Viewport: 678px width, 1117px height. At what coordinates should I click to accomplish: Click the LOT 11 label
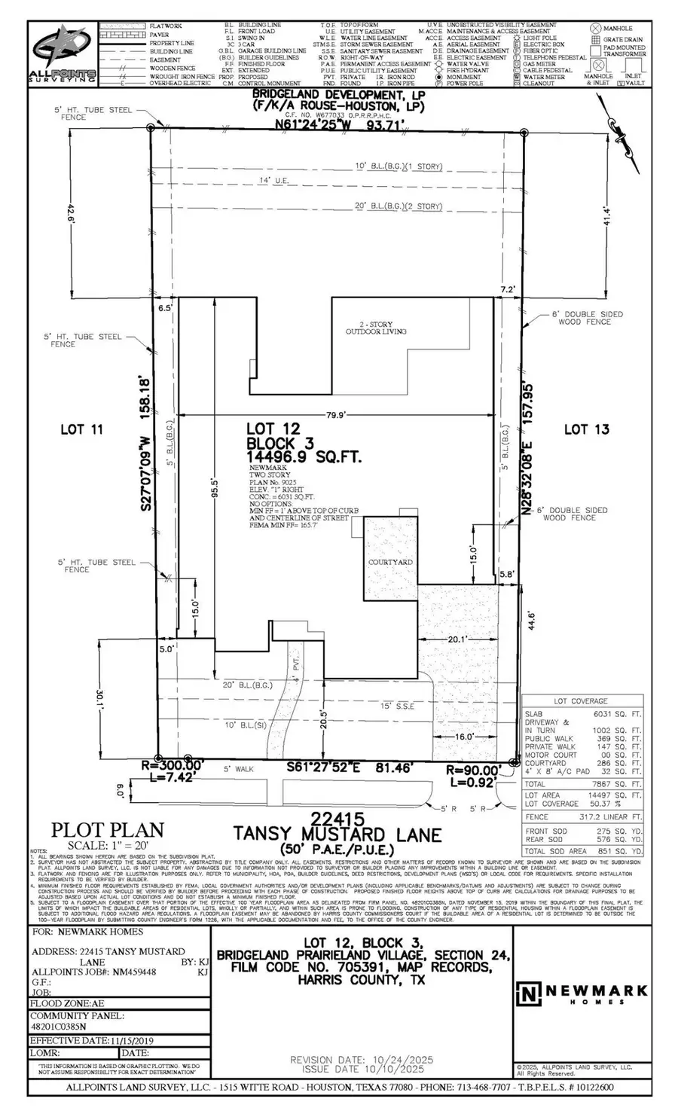[x=81, y=429]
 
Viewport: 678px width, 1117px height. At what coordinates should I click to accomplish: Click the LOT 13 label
[x=586, y=429]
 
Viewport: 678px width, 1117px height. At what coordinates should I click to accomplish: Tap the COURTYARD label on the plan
[x=390, y=563]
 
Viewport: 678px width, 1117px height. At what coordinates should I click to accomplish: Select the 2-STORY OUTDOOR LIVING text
[x=375, y=328]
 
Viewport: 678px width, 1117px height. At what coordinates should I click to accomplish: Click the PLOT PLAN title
[x=107, y=830]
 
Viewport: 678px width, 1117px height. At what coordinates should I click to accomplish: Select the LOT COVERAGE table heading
[x=580, y=701]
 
